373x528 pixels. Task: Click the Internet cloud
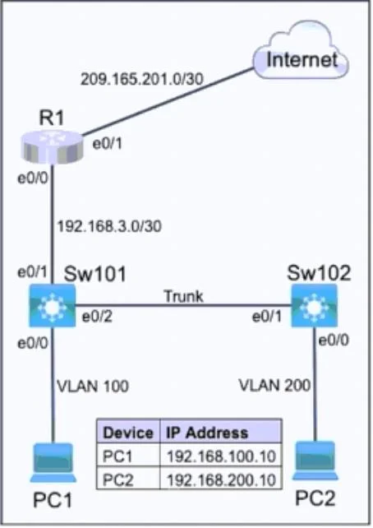(x=301, y=50)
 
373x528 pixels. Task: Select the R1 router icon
(x=52, y=147)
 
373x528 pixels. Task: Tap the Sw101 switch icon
(x=52, y=306)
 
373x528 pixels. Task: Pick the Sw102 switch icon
(x=314, y=306)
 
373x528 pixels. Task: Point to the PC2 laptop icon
(x=315, y=461)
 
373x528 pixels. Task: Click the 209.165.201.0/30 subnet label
(x=142, y=79)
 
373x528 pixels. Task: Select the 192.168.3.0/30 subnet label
(x=109, y=226)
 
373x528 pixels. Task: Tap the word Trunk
(x=184, y=296)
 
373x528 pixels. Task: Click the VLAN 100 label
(x=93, y=387)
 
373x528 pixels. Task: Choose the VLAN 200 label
(x=274, y=385)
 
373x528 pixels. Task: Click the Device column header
(x=128, y=433)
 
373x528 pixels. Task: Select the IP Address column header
(x=207, y=433)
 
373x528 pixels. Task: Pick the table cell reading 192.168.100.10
(x=221, y=456)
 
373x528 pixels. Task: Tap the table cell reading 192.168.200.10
(x=221, y=479)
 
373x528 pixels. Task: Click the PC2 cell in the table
(x=117, y=479)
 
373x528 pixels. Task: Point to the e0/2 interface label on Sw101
(x=97, y=317)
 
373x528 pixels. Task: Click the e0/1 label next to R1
(x=107, y=144)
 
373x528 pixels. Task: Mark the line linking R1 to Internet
(x=168, y=102)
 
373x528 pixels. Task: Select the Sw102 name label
(x=319, y=272)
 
